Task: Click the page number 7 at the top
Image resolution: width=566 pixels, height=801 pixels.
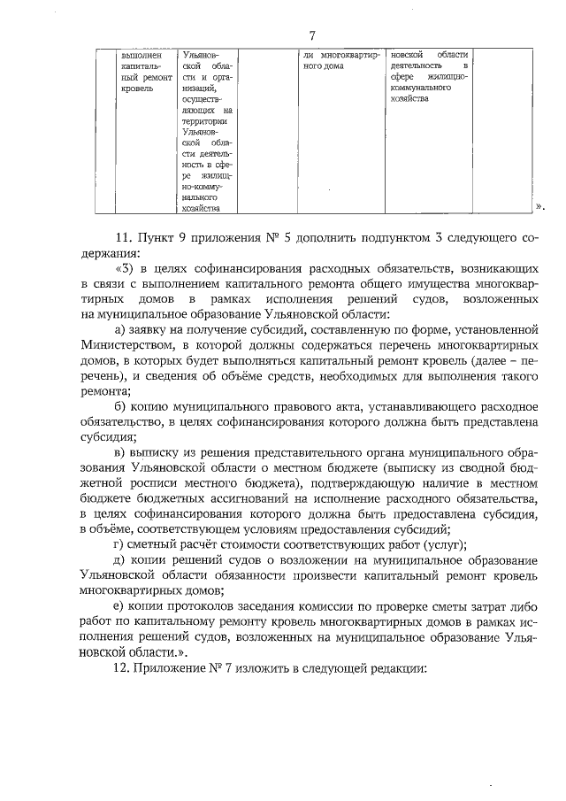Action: (311, 35)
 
